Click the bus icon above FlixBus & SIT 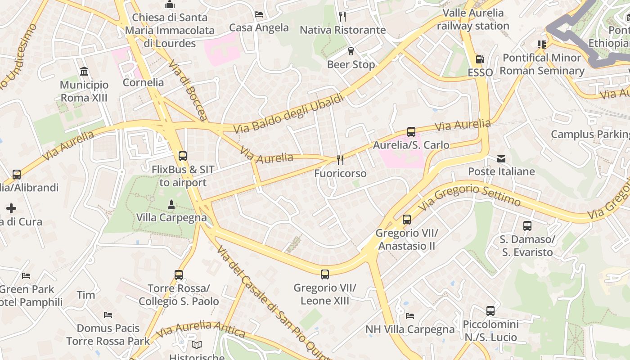pos(183,156)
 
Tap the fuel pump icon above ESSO pos(480,59)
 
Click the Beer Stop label pos(351,64)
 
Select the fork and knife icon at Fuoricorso pos(340,160)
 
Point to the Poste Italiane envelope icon pos(501,158)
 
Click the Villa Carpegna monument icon pos(171,205)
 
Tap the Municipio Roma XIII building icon pos(84,72)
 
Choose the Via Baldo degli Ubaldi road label pos(288,114)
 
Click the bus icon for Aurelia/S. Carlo pos(411,132)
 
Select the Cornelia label pos(143,82)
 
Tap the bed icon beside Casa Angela pos(259,14)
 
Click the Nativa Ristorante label pos(342,30)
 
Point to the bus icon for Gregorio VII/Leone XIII pos(324,274)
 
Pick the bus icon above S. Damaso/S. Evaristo pos(527,226)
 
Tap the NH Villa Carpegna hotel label pos(410,329)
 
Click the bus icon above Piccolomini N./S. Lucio pos(490,310)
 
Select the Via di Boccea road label pos(188,90)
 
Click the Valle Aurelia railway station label pos(473,19)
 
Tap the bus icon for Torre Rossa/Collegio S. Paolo pos(179,274)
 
